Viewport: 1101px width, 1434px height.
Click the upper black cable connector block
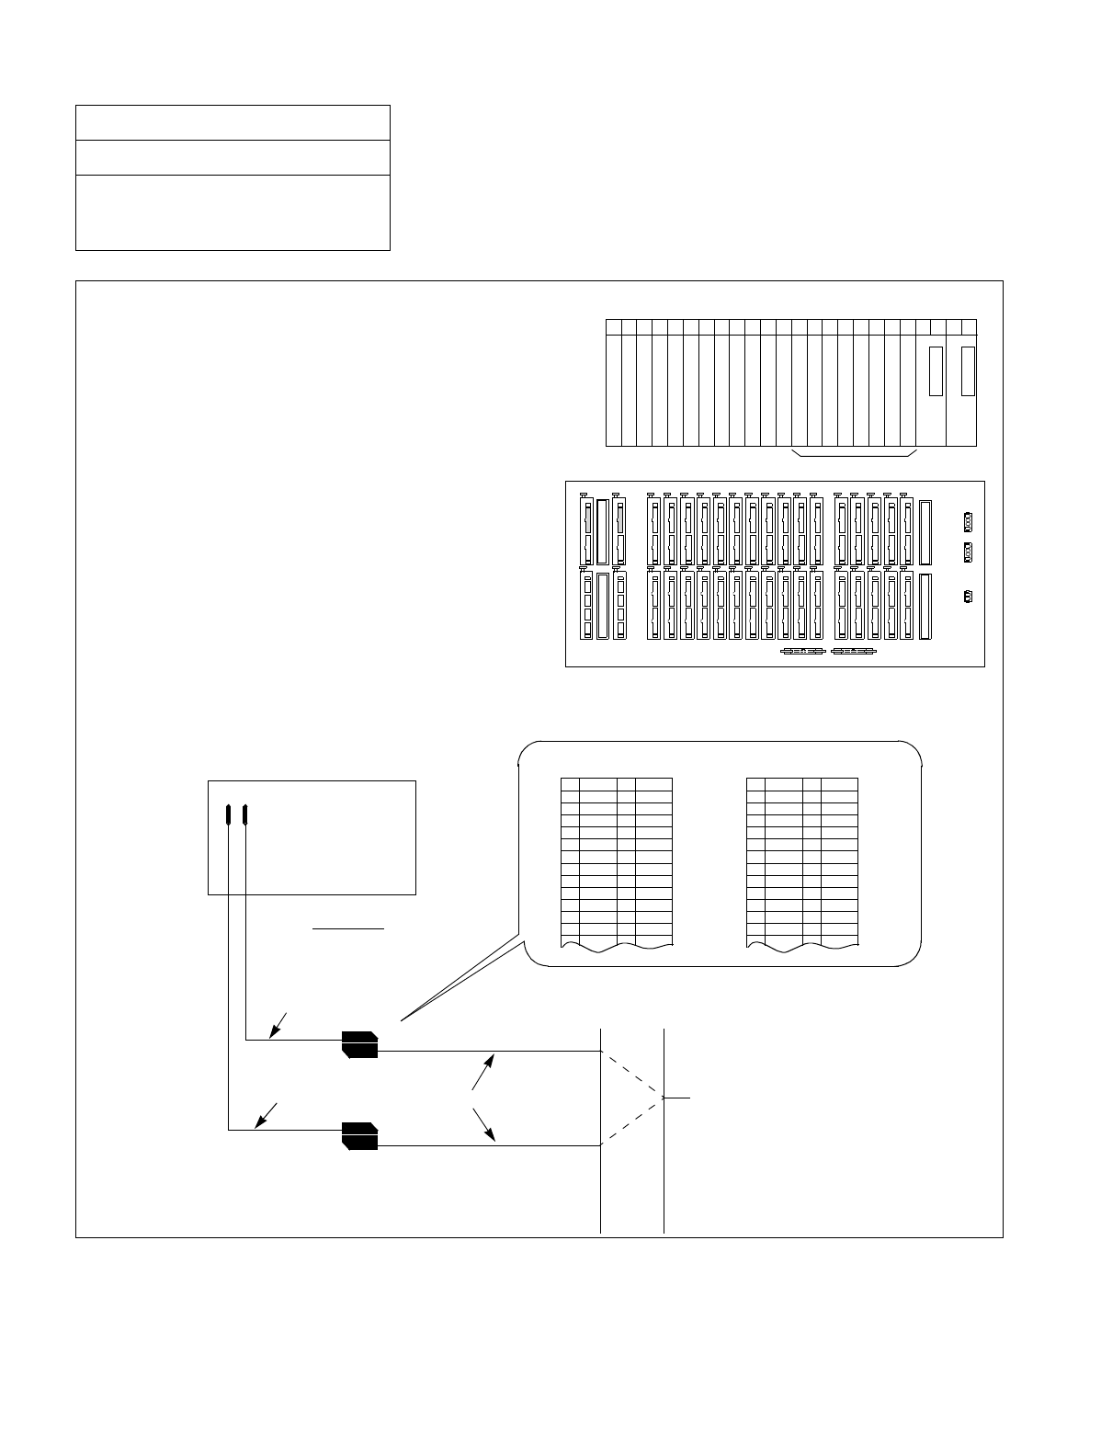click(x=359, y=1044)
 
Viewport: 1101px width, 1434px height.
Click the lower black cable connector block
click(x=359, y=1135)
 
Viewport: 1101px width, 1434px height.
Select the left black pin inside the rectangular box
click(x=228, y=814)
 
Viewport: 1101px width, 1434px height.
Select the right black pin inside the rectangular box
click(x=245, y=814)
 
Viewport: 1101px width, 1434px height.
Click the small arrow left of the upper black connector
click(x=278, y=1026)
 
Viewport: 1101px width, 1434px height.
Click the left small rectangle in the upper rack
click(x=936, y=371)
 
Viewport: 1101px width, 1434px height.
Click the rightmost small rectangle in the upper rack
click(x=967, y=371)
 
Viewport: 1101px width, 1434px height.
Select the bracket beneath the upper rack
click(x=854, y=454)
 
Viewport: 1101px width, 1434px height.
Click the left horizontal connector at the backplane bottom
click(x=801, y=652)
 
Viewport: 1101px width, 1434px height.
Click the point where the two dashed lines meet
click(x=663, y=1098)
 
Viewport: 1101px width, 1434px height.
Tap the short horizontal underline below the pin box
click(x=348, y=929)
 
